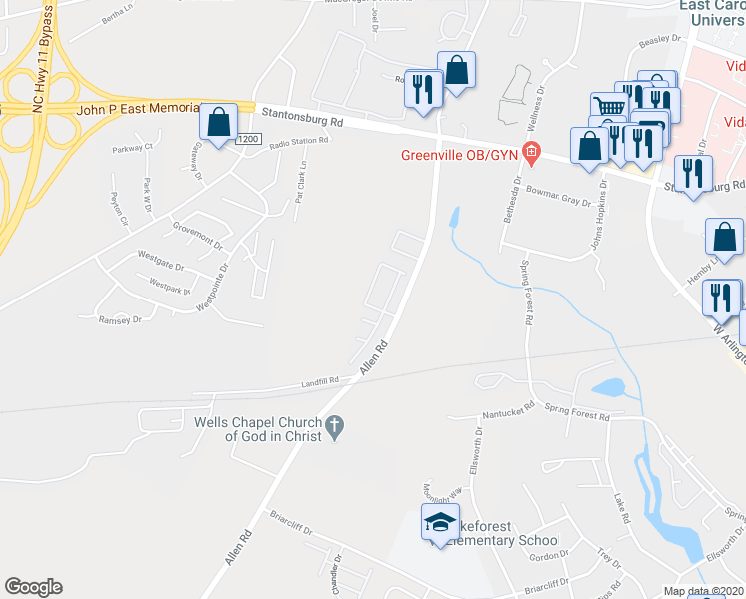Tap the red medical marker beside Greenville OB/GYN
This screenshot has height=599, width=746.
pos(531,154)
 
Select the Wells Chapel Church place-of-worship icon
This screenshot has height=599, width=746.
pos(336,427)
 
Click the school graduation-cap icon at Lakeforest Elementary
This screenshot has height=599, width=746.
pos(437,523)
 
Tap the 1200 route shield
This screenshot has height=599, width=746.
pos(248,140)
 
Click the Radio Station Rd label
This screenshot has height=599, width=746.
pos(298,141)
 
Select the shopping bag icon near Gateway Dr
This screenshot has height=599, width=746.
pos(218,121)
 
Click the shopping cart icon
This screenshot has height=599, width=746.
pos(608,106)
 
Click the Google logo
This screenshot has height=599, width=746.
pos(33,587)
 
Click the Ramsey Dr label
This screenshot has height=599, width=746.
pos(120,319)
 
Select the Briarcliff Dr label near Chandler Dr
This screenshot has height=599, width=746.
pos(296,524)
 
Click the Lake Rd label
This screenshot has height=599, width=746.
pos(621,506)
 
